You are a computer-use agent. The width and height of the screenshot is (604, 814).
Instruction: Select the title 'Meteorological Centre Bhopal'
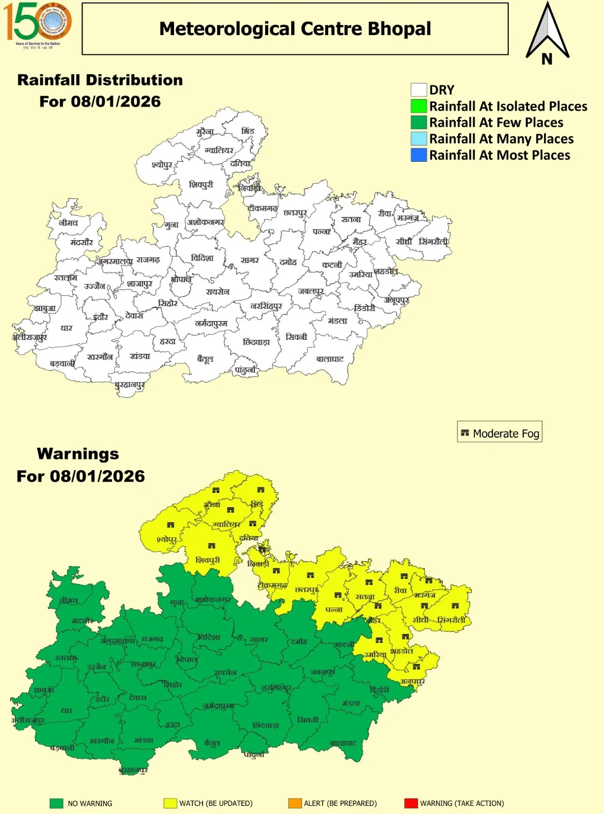click(295, 29)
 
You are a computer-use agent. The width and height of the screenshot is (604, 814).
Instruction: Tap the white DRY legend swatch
click(418, 90)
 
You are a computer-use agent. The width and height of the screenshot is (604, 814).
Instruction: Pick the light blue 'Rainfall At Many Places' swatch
click(418, 139)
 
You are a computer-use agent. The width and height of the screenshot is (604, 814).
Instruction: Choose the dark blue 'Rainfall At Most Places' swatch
click(418, 155)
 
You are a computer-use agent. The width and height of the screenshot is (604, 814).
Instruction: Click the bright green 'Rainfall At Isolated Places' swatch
click(418, 106)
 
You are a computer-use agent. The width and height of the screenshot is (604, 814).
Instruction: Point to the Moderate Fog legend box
click(499, 433)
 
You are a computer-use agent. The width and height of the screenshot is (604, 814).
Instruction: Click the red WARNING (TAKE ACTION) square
click(410, 803)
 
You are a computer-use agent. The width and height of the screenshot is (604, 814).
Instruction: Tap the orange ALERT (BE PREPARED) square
click(295, 803)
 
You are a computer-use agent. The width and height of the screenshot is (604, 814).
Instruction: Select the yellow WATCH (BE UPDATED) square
click(170, 803)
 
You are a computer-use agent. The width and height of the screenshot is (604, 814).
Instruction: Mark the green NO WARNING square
click(56, 803)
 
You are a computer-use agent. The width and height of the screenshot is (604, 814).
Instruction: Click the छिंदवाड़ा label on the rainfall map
click(256, 342)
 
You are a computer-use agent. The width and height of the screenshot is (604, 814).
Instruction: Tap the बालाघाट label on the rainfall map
click(330, 359)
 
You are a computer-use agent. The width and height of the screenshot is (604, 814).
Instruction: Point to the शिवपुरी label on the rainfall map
click(201, 185)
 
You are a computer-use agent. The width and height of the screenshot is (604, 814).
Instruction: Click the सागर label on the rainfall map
click(250, 260)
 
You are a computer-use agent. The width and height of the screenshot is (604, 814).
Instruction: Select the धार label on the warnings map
click(67, 710)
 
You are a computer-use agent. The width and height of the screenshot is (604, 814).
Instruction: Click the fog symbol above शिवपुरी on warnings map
click(212, 546)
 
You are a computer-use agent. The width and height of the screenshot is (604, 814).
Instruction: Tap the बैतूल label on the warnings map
click(212, 743)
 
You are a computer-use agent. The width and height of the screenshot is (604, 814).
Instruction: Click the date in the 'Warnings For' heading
click(97, 476)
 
